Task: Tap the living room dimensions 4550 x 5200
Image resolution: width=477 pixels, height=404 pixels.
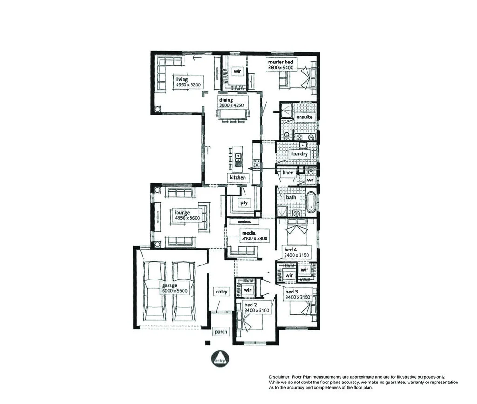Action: coord(188,85)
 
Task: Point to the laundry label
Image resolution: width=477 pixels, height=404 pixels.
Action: coord(299,154)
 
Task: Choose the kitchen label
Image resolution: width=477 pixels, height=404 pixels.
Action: coord(238,178)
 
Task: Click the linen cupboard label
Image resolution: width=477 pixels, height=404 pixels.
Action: coord(288,173)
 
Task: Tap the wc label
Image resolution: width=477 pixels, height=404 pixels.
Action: coord(311,180)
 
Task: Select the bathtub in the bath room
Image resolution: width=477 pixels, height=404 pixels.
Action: coord(311,201)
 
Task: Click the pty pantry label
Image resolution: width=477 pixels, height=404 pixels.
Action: coord(244,202)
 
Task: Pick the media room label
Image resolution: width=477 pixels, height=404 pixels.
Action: coord(248,232)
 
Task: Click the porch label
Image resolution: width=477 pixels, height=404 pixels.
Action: coord(221,332)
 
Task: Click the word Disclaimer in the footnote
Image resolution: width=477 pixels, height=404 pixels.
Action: coord(279,377)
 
